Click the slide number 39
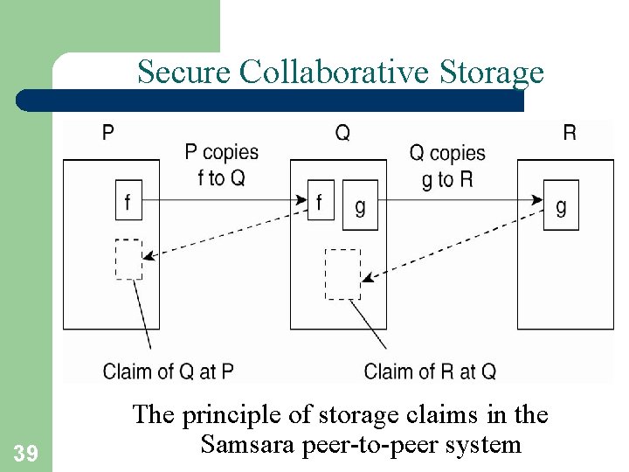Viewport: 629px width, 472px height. (24, 452)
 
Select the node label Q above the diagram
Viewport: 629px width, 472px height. (342, 134)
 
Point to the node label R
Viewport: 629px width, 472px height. (569, 134)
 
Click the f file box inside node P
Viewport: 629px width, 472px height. (128, 203)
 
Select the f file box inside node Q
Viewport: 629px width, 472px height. (321, 203)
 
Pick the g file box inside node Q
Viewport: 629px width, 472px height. (360, 205)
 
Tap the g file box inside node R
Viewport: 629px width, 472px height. (561, 205)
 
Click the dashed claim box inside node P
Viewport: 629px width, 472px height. (128, 259)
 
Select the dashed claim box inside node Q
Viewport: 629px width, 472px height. (342, 274)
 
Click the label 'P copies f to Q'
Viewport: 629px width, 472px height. (222, 165)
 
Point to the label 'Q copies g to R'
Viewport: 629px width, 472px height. (447, 166)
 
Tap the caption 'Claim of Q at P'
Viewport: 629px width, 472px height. (169, 371)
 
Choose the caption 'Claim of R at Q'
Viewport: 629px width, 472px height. (430, 371)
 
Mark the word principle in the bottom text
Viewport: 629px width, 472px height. (234, 414)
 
